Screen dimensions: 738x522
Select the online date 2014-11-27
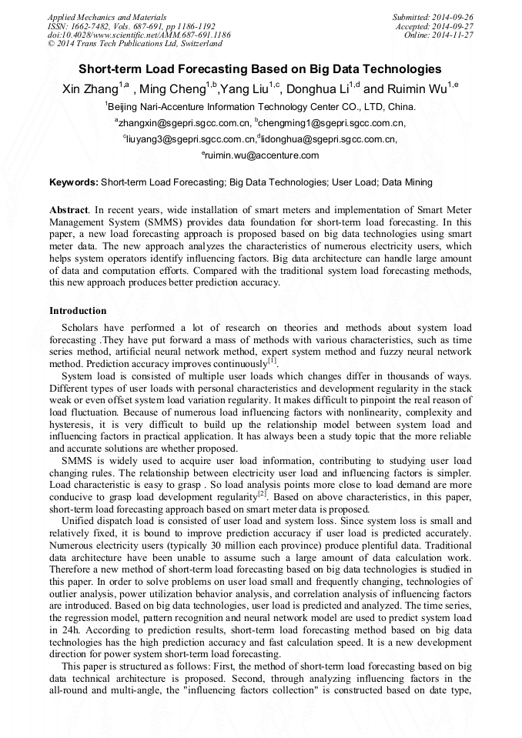pos(455,35)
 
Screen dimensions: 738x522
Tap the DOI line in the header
pos(139,35)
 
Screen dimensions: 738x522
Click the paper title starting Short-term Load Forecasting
pos(260,68)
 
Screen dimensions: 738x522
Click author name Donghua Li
pos(316,89)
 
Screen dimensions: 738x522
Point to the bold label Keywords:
pos(73,183)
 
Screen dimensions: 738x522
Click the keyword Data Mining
pos(407,183)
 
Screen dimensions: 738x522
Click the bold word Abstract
pos(68,209)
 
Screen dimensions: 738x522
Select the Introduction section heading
pos(78,311)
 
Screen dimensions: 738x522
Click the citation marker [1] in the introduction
pos(272,359)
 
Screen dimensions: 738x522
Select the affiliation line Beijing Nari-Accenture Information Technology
pos(260,106)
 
